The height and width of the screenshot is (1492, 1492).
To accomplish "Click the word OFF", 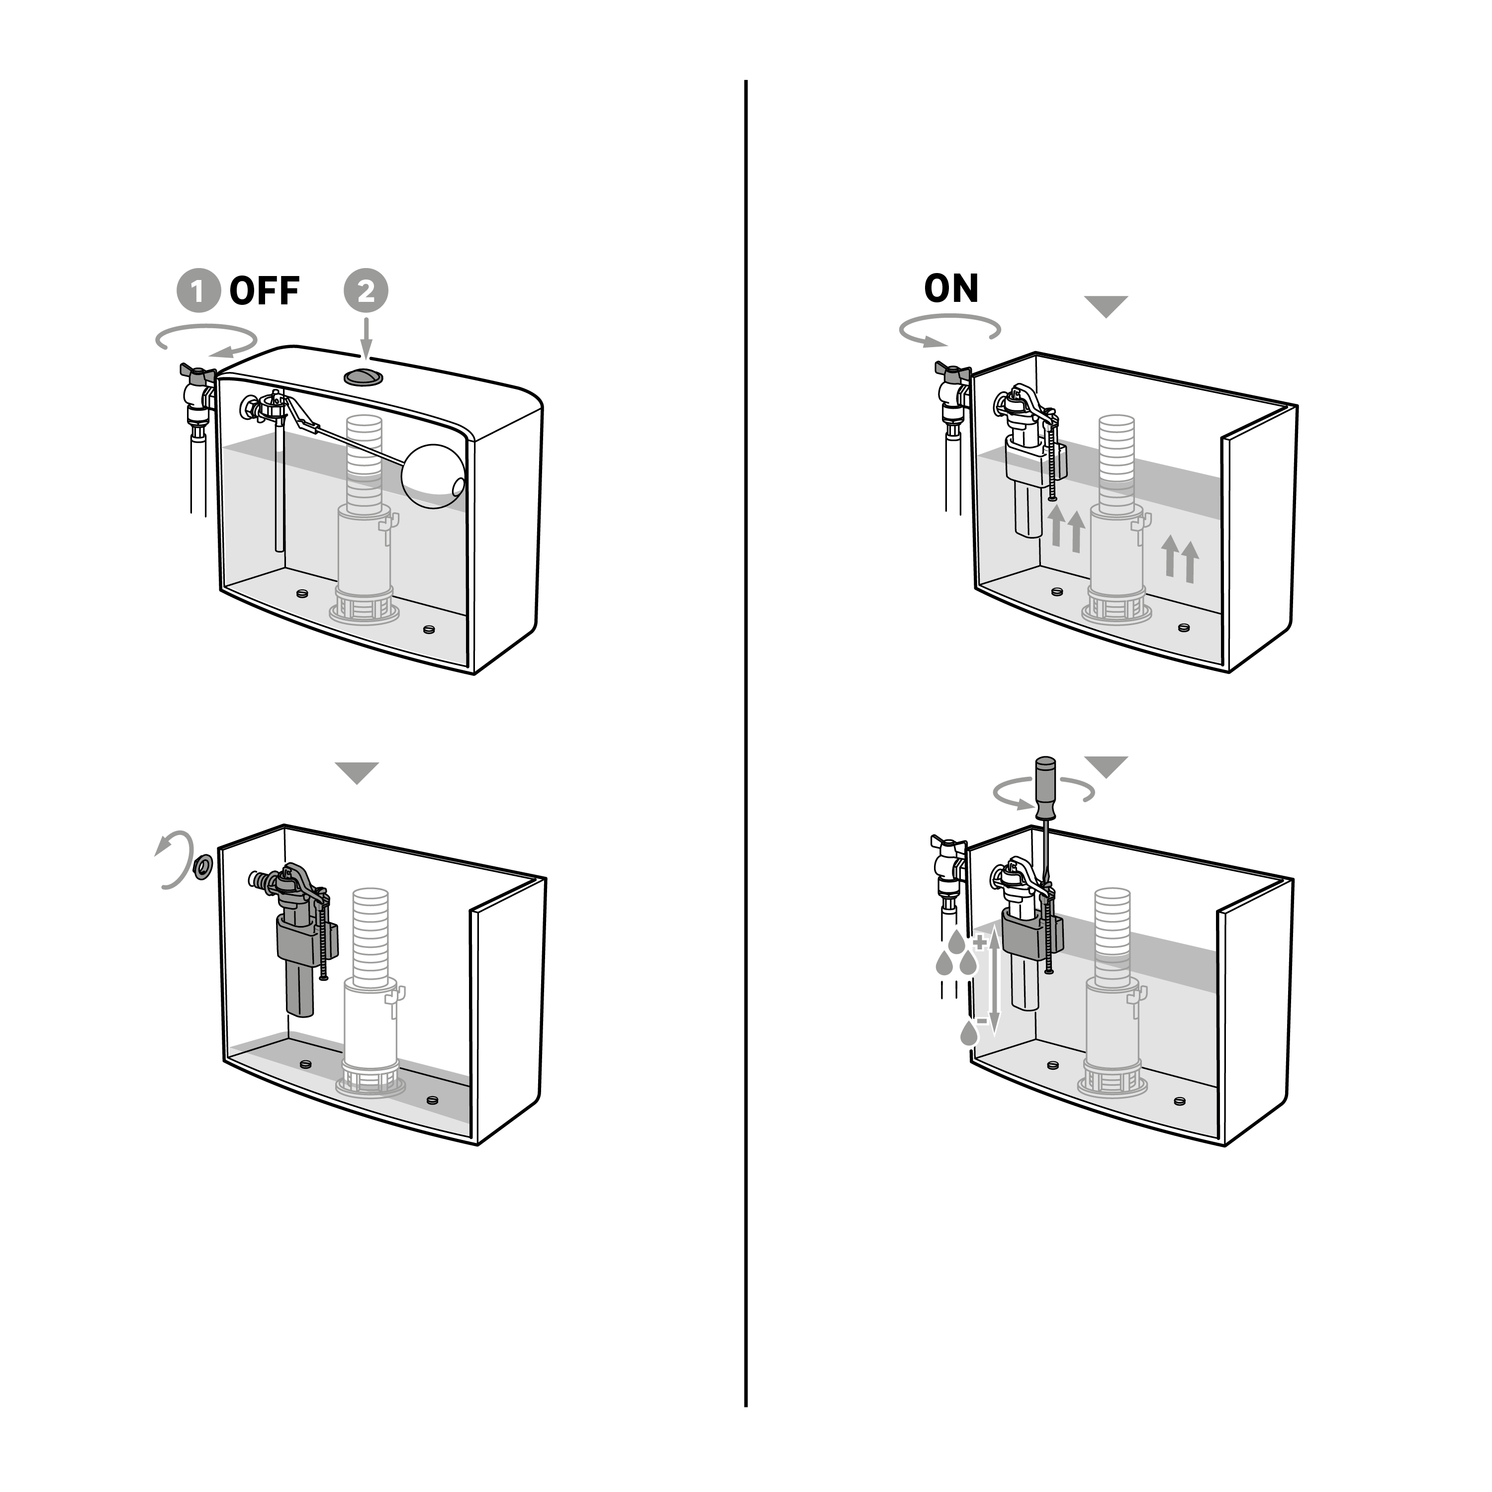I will (264, 291).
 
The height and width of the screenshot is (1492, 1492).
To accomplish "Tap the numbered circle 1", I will (198, 291).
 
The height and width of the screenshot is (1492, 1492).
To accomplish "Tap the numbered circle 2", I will (366, 291).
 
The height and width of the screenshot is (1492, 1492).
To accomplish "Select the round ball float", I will (433, 476).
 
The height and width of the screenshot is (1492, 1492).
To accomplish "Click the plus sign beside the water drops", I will (980, 942).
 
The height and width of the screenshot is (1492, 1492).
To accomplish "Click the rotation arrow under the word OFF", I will (206, 340).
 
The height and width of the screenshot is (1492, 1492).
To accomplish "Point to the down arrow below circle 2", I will (366, 338).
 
